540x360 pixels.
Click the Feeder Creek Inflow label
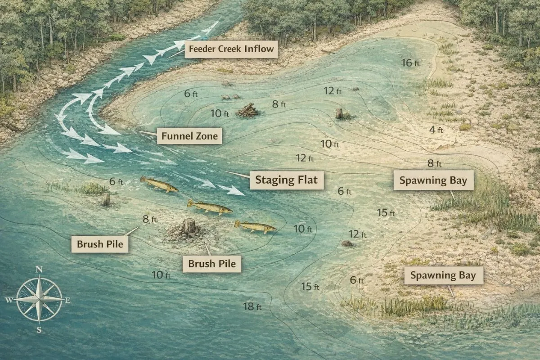pos(231,49)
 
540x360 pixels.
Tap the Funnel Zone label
pos(189,135)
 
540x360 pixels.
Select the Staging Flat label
pos(286,180)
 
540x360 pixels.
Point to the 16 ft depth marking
pos(410,63)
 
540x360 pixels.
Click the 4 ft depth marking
pos(435,130)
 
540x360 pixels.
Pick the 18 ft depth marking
pos(252,307)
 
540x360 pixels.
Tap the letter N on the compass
pos(39,270)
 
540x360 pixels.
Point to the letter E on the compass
pos(67,300)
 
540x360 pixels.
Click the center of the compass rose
pos(39,299)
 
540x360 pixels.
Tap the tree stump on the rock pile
pos(189,226)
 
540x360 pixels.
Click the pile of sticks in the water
pos(247,110)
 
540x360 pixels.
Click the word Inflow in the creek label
pos(259,49)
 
